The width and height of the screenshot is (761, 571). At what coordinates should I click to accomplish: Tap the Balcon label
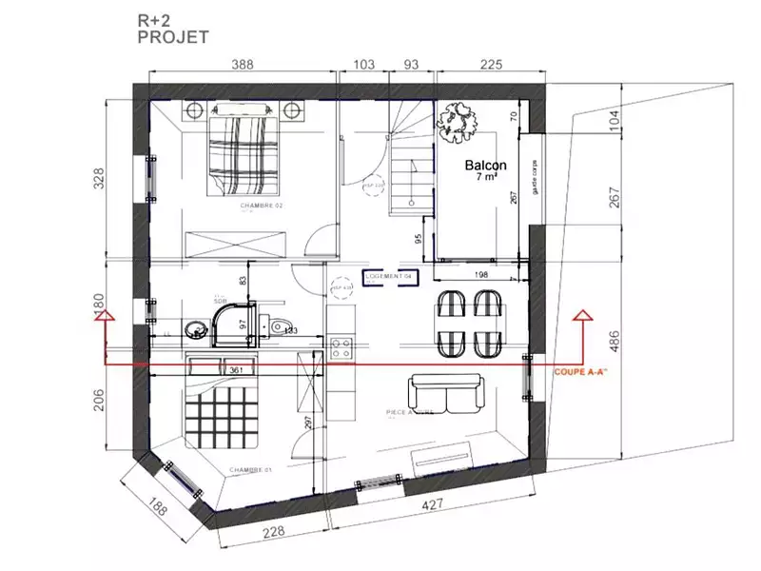coord(485,166)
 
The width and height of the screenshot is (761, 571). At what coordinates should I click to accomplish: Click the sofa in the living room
coord(446,390)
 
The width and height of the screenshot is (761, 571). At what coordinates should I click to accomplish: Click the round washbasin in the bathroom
coord(197,330)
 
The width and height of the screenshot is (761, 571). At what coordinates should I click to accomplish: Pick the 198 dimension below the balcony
coord(479,274)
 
